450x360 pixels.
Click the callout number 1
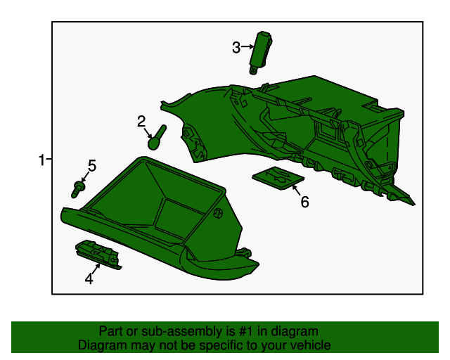point(42,160)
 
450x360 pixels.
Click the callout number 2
point(141,121)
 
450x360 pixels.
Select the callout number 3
point(236,47)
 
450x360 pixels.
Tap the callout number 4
point(89,279)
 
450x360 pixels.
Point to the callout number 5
point(91,166)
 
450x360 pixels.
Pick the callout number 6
point(304,202)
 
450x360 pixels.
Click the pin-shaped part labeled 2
point(157,136)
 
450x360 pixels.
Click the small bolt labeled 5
point(78,188)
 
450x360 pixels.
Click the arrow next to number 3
point(247,47)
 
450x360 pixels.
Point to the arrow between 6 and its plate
point(297,188)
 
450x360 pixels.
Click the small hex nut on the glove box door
point(217,213)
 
